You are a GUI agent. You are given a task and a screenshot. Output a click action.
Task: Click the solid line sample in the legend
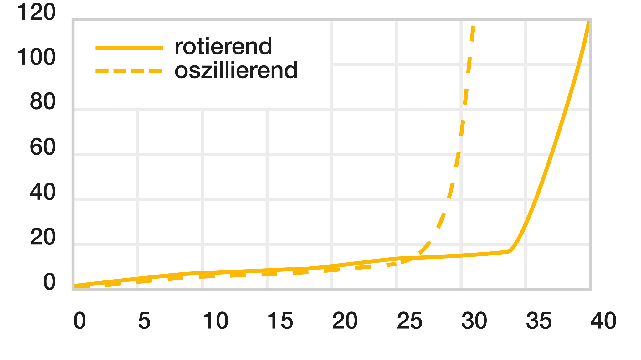click(130, 48)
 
